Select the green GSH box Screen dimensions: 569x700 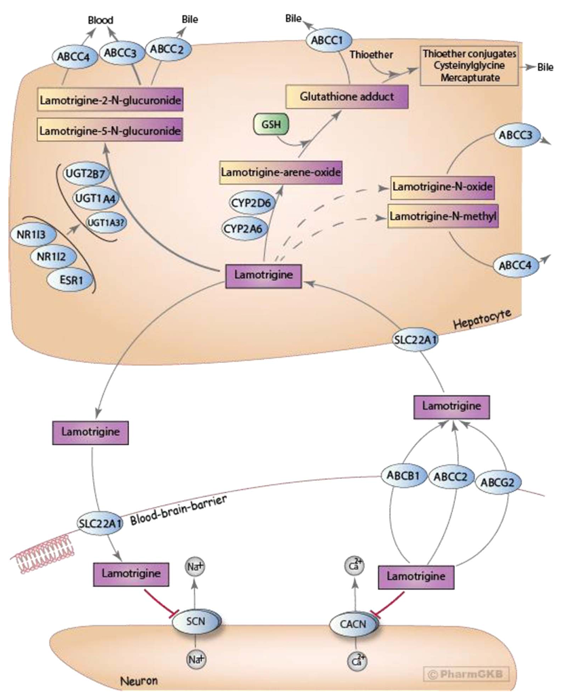click(271, 124)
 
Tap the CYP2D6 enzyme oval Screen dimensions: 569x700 click(251, 203)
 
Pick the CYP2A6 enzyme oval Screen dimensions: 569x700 click(243, 229)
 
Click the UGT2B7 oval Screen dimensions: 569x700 click(85, 174)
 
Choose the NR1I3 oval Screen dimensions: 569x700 click(31, 234)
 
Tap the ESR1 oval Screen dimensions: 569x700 click(71, 280)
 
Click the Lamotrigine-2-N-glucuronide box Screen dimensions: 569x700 click(110, 100)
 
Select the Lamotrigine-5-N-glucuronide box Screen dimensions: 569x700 click(110, 130)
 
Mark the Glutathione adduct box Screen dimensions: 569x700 click(347, 96)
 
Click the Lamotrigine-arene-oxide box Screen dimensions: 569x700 click(280, 172)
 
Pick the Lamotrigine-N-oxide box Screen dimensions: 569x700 click(443, 186)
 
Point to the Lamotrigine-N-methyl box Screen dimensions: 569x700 click(443, 216)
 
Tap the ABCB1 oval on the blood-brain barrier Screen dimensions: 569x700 click(403, 475)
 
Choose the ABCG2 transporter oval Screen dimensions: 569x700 click(498, 482)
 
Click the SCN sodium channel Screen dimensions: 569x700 click(196, 622)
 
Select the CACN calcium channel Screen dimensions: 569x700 click(354, 623)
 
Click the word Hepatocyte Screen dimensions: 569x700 click(482, 319)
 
